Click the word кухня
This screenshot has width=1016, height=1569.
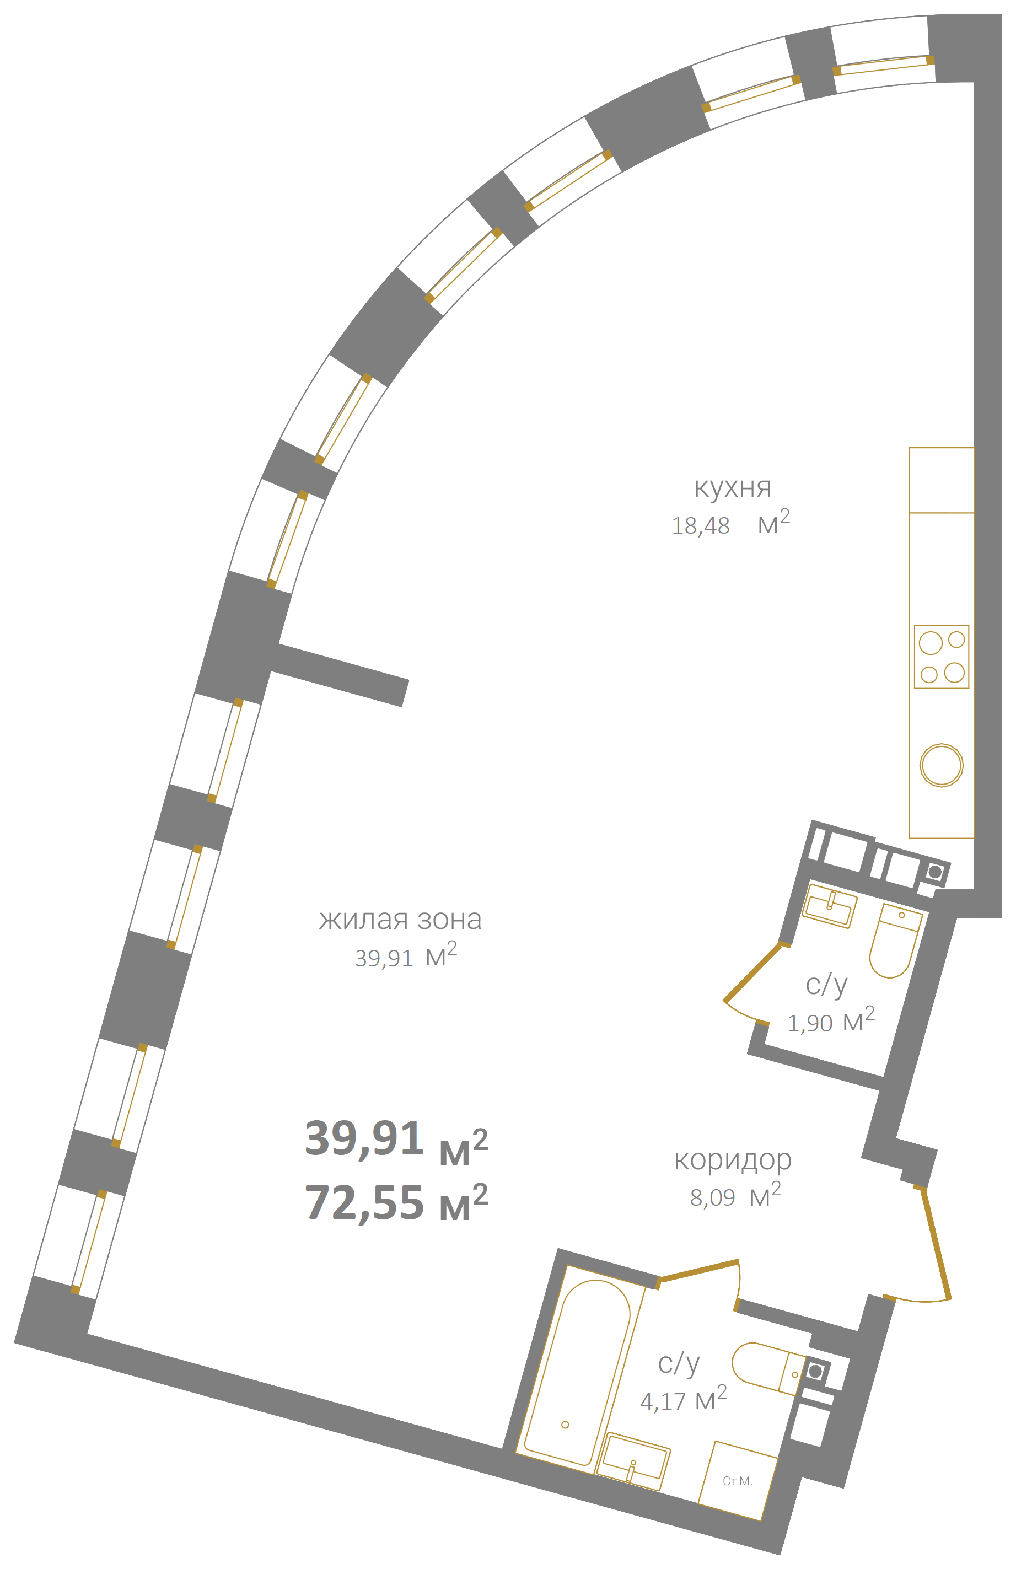coord(733,488)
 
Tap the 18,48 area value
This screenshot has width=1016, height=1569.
coord(700,526)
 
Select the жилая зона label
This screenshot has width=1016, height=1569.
coord(400,919)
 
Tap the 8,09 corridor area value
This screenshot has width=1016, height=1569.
coord(712,1198)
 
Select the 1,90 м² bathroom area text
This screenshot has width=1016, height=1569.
coord(831,1021)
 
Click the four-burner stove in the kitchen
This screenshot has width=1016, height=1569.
coord(941,657)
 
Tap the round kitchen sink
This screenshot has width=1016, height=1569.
coord(941,765)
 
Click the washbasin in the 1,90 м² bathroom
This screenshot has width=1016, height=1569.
coord(829,906)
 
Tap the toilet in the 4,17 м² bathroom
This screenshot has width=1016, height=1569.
coord(768,1367)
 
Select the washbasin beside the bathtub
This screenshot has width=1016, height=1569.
coord(633,1460)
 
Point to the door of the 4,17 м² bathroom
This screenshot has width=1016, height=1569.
coord(699,1270)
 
